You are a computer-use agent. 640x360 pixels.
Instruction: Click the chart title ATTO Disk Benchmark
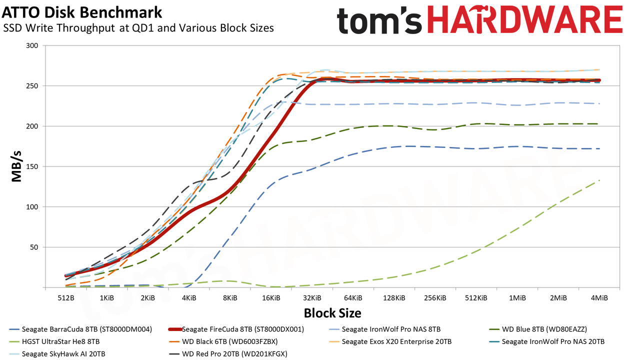pyautogui.click(x=81, y=12)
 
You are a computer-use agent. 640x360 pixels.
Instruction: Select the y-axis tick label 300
pyautogui.click(x=32, y=45)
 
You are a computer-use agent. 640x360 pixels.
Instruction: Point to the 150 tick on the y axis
pyautogui.click(x=32, y=166)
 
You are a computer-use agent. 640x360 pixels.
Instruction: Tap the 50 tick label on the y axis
pyautogui.click(x=34, y=247)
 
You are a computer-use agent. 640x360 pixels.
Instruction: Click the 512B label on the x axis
pyautogui.click(x=65, y=298)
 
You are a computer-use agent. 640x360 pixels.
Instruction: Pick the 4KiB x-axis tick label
pyautogui.click(x=189, y=298)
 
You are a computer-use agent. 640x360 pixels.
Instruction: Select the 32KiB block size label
pyautogui.click(x=312, y=298)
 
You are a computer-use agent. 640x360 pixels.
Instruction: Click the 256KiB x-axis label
pyautogui.click(x=435, y=298)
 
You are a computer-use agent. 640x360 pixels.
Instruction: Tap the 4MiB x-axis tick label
pyautogui.click(x=599, y=298)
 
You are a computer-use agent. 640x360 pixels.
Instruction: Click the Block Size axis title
pyautogui.click(x=332, y=313)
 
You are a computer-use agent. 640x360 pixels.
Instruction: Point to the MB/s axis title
pyautogui.click(x=16, y=166)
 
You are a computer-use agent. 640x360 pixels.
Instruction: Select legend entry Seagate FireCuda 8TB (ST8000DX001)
pyautogui.click(x=236, y=329)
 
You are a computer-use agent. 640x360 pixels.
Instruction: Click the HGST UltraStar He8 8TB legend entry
pyautogui.click(x=54, y=341)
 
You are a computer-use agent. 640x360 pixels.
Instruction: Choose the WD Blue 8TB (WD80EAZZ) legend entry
pyautogui.click(x=538, y=329)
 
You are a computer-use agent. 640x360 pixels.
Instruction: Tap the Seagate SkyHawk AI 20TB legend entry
pyautogui.click(x=57, y=354)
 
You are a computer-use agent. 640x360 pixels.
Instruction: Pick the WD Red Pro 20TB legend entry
pyautogui.click(x=228, y=354)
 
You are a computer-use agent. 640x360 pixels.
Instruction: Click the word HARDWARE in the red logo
pyautogui.click(x=525, y=19)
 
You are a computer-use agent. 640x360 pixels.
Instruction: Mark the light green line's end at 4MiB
pyautogui.click(x=599, y=180)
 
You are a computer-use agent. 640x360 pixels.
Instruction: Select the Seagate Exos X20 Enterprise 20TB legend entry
pyautogui.click(x=390, y=341)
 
